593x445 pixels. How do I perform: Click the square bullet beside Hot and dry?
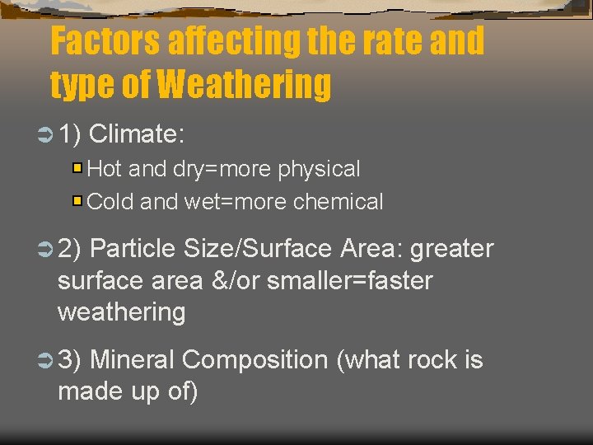[77, 169]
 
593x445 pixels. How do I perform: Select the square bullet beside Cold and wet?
[77, 200]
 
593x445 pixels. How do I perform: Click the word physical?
[319, 170]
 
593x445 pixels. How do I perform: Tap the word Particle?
[133, 249]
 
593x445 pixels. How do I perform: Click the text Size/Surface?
[259, 249]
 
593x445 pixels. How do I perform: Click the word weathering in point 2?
[122, 312]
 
